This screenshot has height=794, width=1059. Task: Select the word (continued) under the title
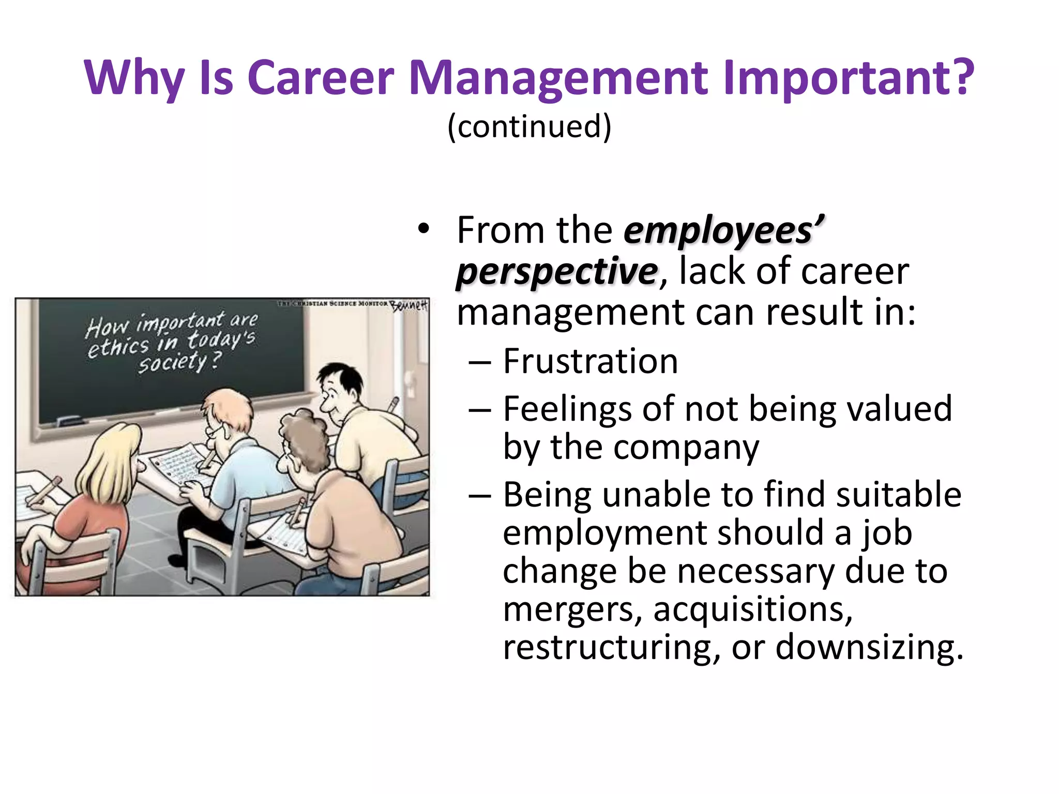point(529,126)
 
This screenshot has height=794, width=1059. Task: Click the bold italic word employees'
point(724,231)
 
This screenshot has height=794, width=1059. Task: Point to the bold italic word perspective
point(557,272)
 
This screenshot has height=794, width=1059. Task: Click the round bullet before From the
point(424,230)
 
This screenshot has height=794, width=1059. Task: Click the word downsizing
point(869,647)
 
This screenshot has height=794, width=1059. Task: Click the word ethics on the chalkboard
point(117,346)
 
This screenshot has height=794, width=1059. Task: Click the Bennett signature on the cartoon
point(409,305)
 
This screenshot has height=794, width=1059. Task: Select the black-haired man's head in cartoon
point(339,385)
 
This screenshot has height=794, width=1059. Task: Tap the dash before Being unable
point(479,495)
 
